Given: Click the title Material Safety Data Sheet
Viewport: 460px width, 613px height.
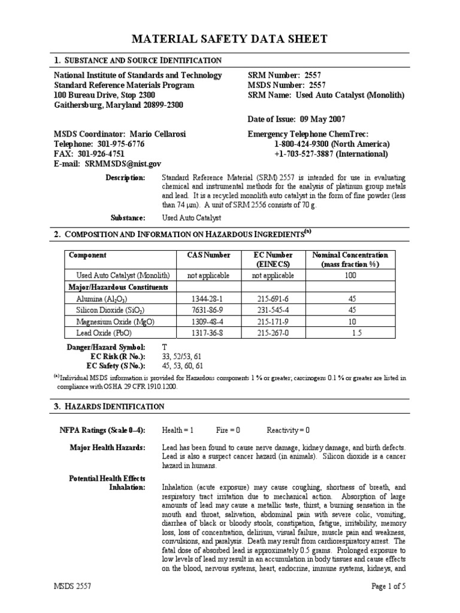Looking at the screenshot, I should (229, 40).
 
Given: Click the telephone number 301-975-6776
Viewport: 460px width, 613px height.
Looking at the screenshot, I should (119, 144).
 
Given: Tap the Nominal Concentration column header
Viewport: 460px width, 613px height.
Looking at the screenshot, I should (350, 259).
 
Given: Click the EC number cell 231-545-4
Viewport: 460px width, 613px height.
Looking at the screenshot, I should (273, 309).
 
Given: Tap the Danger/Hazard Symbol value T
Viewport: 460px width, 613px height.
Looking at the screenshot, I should (165, 347).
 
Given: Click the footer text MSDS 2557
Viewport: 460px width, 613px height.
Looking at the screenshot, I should (77, 587).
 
